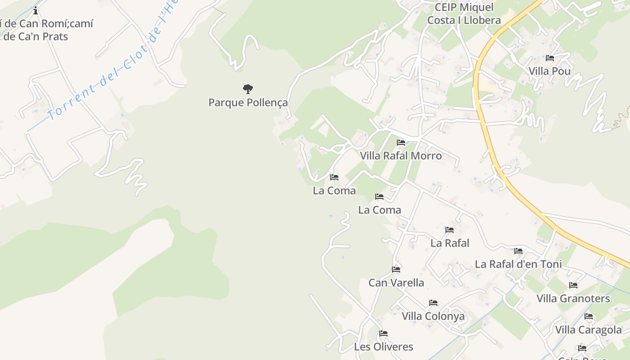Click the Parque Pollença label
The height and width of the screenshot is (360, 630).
click(248, 103)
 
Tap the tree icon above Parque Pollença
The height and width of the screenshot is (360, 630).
click(247, 89)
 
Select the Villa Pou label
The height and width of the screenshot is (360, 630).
click(549, 71)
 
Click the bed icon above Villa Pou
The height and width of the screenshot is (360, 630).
click(549, 58)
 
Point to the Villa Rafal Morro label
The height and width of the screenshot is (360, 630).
click(400, 156)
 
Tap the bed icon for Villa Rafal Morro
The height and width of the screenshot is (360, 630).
click(401, 143)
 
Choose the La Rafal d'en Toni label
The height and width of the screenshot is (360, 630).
click(518, 264)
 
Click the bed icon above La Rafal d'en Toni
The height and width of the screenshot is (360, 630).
click(518, 251)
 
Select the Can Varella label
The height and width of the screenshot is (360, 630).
click(396, 283)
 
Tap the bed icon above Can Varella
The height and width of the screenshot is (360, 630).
click(396, 270)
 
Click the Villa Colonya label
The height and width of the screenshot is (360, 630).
click(433, 316)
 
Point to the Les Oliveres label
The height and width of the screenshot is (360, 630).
click(383, 347)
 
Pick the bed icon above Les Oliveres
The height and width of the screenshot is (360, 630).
click(383, 333)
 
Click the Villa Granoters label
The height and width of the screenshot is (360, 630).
click(573, 298)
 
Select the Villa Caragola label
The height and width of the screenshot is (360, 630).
click(588, 330)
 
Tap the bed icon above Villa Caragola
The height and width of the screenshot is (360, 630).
click(589, 316)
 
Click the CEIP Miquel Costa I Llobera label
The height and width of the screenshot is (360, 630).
click(464, 14)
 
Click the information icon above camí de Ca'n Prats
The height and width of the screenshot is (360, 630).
click(36, 10)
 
